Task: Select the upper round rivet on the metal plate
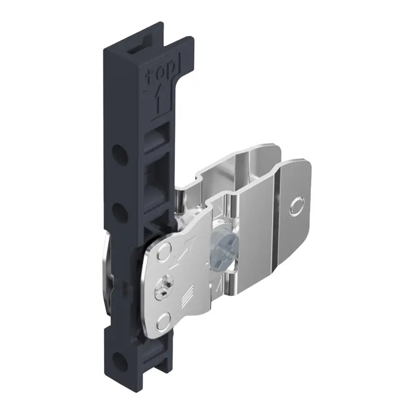(164, 252)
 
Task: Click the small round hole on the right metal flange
(297, 206)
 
